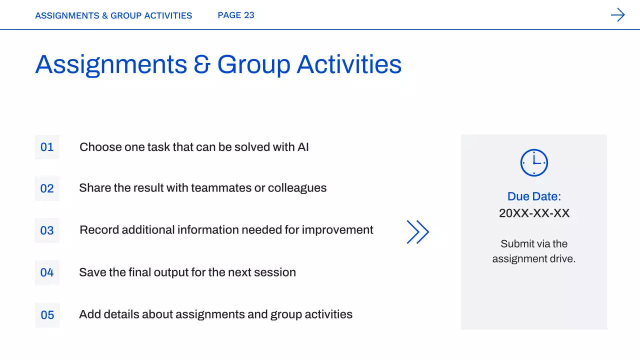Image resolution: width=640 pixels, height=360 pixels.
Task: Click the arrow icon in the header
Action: coord(617,15)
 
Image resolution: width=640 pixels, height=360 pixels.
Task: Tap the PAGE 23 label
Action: coord(236,15)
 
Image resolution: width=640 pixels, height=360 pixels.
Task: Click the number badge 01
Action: coord(47,147)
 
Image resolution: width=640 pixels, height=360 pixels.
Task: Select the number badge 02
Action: coord(47,188)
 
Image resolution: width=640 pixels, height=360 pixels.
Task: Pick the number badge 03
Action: coord(47,230)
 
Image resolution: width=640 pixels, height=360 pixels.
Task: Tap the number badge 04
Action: coord(47,272)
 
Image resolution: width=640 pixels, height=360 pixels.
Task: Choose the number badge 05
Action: coord(47,315)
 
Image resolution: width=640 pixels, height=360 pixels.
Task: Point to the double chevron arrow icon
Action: coord(417,231)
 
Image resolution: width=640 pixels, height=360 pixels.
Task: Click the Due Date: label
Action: coord(534,196)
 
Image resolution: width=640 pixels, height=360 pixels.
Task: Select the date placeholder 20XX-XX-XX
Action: coord(534,213)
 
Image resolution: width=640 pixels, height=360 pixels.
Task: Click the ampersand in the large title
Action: coord(202,64)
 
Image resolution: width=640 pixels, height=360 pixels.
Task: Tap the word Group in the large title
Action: coord(253,65)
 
